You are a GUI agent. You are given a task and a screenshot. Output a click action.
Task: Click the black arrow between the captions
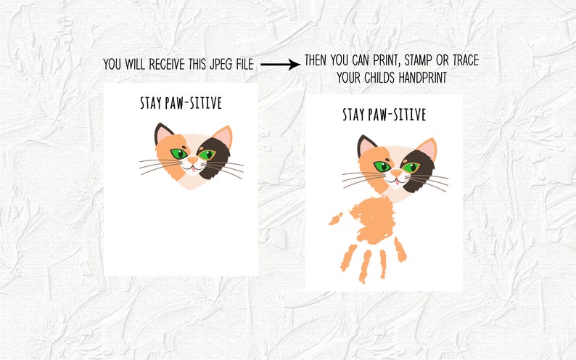tap(280, 65)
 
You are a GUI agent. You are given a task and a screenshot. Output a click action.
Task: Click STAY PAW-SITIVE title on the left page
tap(181, 103)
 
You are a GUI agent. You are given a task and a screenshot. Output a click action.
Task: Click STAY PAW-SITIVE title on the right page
tap(384, 115)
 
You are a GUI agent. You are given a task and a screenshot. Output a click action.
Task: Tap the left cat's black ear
tap(162, 133)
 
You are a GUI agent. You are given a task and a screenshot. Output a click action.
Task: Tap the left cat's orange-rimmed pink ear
tap(223, 135)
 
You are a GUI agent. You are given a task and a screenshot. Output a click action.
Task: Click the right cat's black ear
tap(366, 145)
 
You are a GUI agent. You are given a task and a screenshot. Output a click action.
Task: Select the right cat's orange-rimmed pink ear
tap(427, 147)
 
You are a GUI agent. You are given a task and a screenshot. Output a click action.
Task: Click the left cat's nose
tap(192, 158)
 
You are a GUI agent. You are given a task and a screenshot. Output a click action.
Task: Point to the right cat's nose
tap(396, 171)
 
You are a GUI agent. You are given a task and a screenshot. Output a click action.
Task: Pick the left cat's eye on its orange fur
tap(177, 153)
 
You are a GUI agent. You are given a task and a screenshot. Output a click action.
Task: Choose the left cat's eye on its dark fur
tap(207, 154)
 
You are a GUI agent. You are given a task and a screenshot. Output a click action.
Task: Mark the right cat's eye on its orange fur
tap(381, 166)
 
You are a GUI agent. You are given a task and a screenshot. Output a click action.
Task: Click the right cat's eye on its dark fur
tap(411, 167)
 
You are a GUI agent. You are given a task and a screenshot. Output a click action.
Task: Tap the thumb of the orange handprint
tap(336, 217)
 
